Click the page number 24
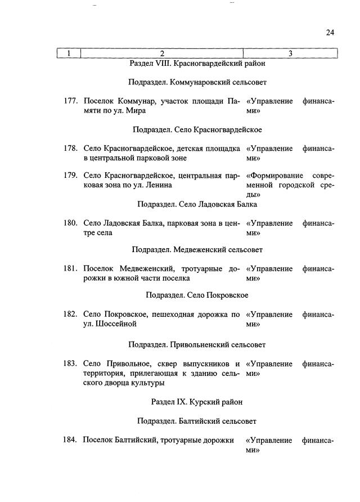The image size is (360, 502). [x=330, y=33]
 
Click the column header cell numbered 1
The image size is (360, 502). [x=69, y=53]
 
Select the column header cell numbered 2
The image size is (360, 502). [x=161, y=53]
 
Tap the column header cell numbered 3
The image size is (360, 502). [x=290, y=53]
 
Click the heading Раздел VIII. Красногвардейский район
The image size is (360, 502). [x=197, y=64]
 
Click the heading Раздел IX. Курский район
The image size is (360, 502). [x=197, y=402]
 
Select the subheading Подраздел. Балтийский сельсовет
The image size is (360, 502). [x=197, y=421]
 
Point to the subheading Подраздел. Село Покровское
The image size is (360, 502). [x=197, y=295]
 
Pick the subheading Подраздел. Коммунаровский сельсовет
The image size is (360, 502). [x=197, y=82]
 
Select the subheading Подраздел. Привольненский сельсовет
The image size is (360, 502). [x=197, y=344]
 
